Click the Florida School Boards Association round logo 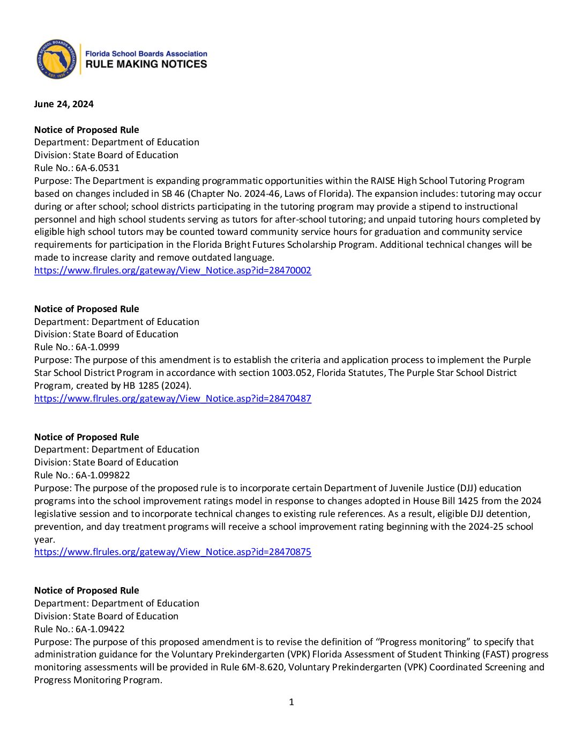(x=57, y=59)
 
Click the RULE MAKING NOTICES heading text (x=146, y=64)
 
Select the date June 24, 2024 (x=64, y=104)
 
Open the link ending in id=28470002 (x=173, y=270)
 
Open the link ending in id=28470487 (x=173, y=398)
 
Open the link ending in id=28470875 (x=173, y=552)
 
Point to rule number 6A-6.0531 (x=98, y=168)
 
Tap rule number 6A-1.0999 (x=98, y=347)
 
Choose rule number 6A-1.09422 (x=100, y=629)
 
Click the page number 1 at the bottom (x=291, y=702)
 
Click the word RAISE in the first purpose (x=383, y=181)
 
